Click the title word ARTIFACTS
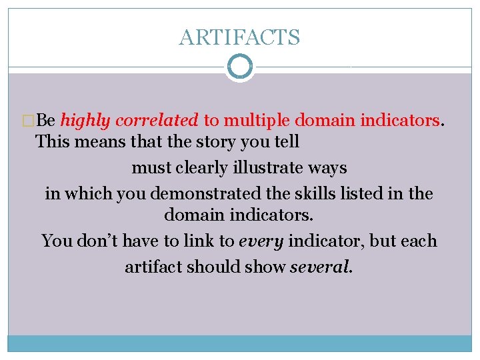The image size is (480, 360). [239, 37]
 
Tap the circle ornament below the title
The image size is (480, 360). [239, 67]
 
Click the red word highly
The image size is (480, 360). [85, 120]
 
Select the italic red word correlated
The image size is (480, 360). [157, 120]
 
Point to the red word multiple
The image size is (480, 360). [257, 120]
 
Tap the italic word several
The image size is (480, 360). [321, 267]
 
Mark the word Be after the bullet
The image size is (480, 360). [46, 120]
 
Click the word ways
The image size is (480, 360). [327, 167]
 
